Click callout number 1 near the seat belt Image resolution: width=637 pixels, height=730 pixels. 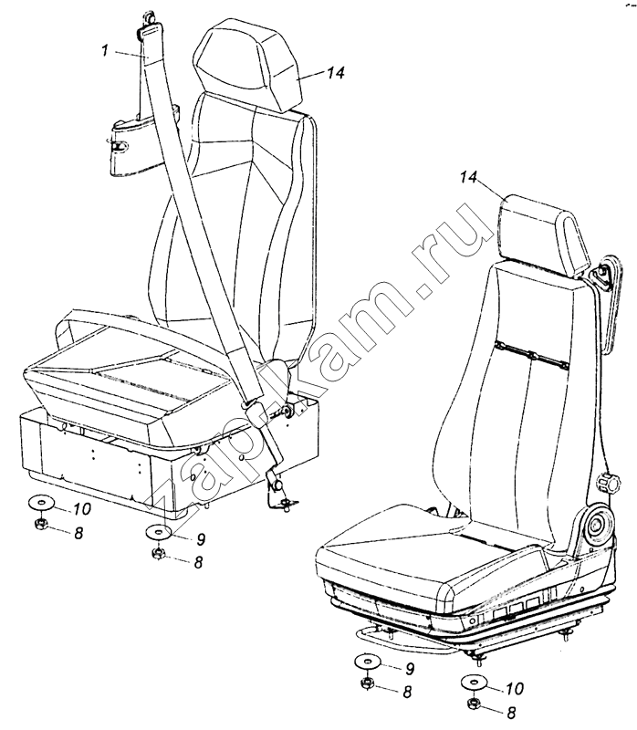point(106,50)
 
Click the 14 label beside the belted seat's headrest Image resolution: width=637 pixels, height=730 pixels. point(335,73)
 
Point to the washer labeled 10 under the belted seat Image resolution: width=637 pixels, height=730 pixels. point(40,504)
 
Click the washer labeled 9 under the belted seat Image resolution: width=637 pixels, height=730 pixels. point(157,531)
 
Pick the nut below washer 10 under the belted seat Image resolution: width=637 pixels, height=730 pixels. point(40,524)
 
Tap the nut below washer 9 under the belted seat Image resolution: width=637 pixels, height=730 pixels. point(158,553)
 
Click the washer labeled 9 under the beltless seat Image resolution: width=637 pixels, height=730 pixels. point(367,662)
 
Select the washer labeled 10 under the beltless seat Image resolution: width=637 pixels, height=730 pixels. point(474,683)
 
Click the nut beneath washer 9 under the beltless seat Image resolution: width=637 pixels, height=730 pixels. point(367,683)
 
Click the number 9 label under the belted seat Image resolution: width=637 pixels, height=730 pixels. point(201,539)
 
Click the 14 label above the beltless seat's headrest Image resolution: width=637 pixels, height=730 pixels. point(469,177)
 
